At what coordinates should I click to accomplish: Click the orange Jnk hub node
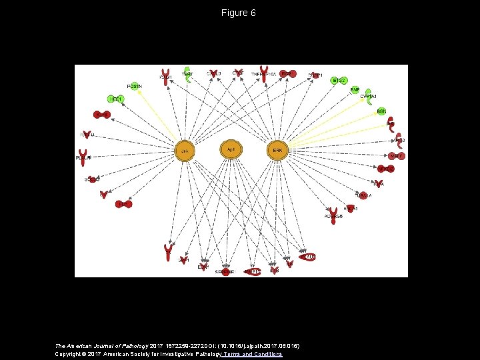click(185, 151)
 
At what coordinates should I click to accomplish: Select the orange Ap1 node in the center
click(231, 149)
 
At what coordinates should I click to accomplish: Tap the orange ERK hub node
click(277, 151)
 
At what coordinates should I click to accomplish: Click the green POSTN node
click(135, 86)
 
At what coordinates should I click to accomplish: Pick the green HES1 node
click(117, 99)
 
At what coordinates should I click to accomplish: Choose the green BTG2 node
click(339, 81)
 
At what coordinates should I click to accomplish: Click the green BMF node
click(355, 90)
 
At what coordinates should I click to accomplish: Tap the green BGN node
click(381, 111)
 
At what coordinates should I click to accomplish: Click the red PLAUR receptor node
click(83, 158)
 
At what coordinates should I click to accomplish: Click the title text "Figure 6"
click(239, 13)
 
